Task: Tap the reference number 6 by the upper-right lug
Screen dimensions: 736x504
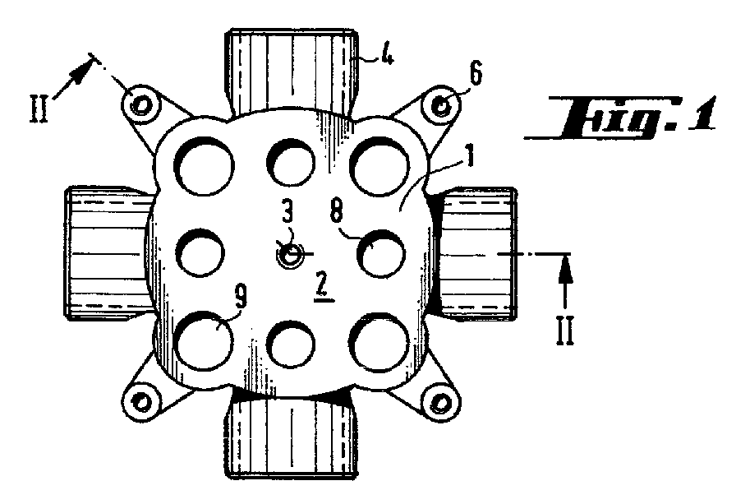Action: point(475,74)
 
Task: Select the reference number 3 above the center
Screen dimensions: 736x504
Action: point(287,213)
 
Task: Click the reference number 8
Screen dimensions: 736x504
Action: point(337,213)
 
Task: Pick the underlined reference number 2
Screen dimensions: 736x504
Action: point(321,285)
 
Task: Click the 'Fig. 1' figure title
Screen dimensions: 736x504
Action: point(620,118)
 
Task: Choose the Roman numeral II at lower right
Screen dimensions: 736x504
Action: point(566,331)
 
